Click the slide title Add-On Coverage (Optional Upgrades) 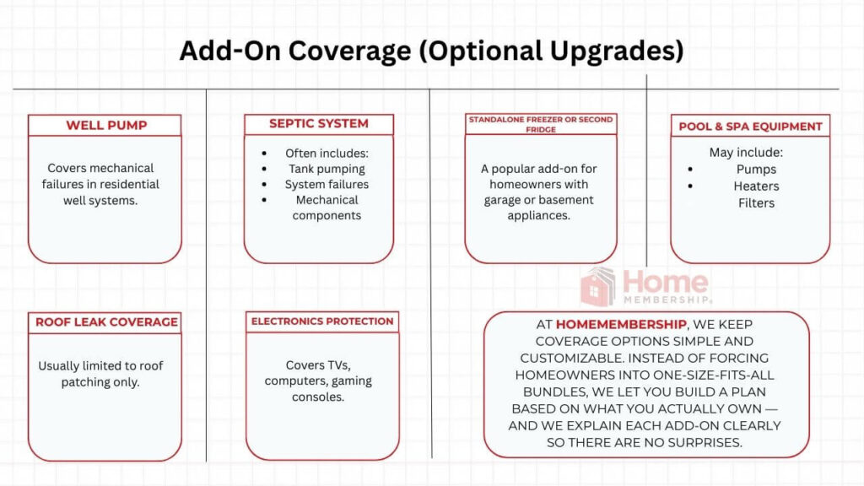click(x=431, y=51)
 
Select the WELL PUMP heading click(x=106, y=126)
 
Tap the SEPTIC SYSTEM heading click(x=319, y=124)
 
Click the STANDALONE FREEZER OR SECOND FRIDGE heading click(x=540, y=124)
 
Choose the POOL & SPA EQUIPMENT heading click(x=750, y=127)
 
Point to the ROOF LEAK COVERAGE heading click(x=106, y=321)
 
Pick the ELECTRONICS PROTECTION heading click(x=322, y=321)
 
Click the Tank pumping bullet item click(x=327, y=169)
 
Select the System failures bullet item click(x=327, y=184)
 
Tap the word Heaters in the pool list click(x=756, y=186)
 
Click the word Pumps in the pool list click(x=756, y=170)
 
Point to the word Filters click(x=756, y=202)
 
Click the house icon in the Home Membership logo click(x=597, y=287)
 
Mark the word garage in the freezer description click(x=508, y=200)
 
